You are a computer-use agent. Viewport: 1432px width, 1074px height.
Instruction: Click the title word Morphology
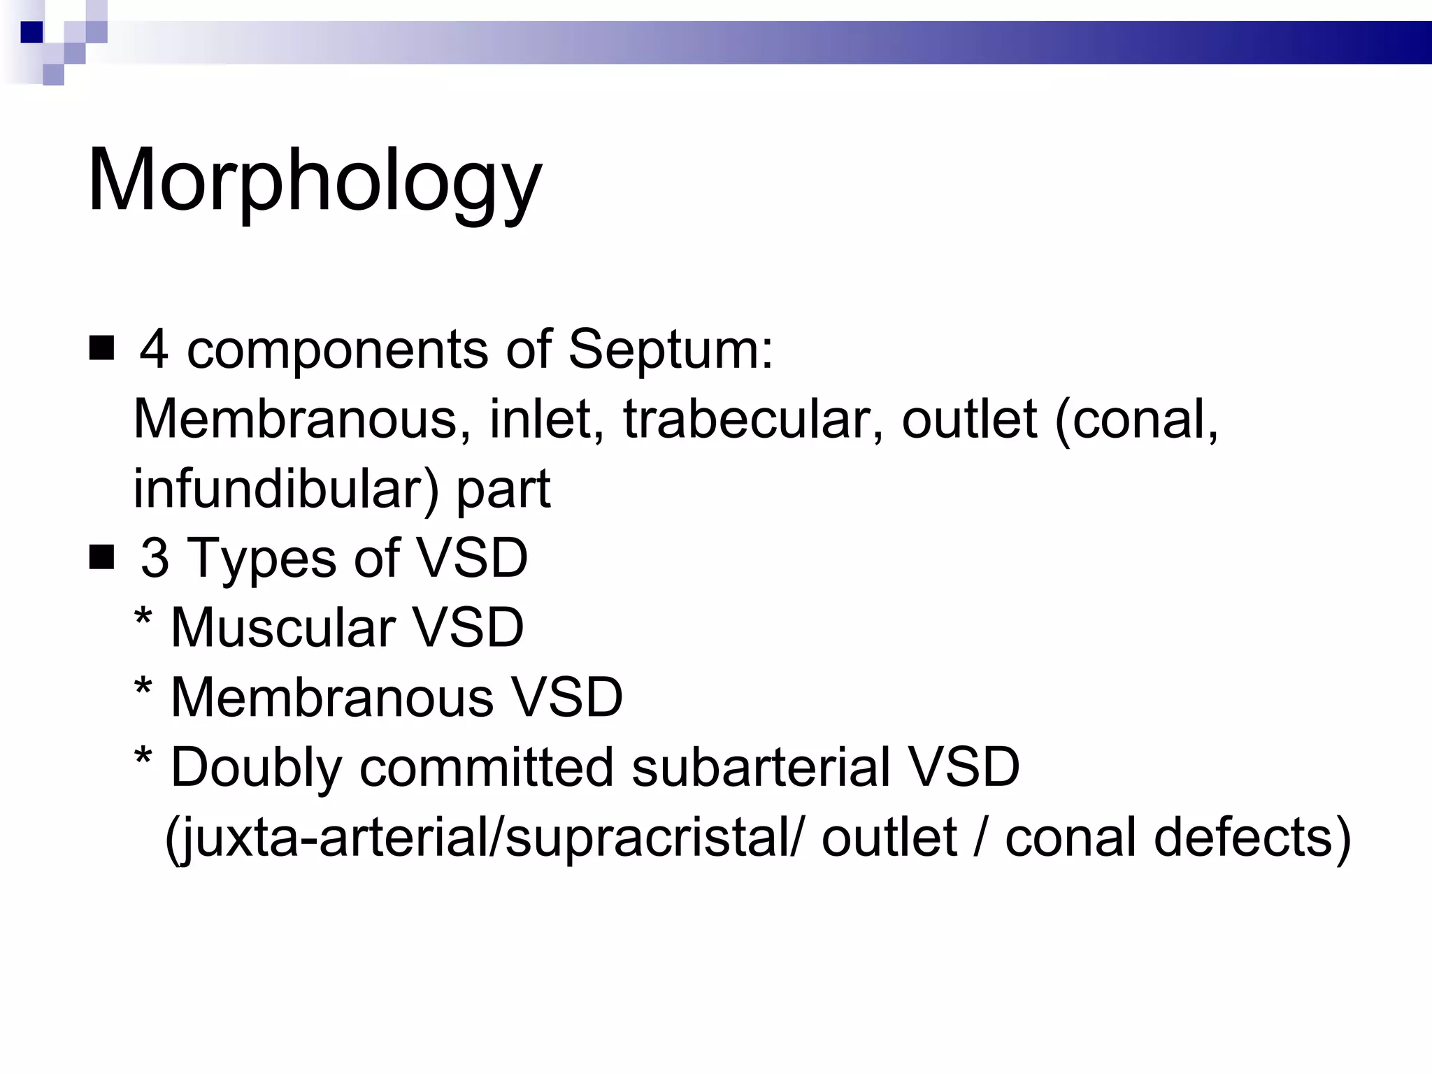(x=315, y=181)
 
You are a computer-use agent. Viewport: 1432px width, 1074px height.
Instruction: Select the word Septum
(x=670, y=349)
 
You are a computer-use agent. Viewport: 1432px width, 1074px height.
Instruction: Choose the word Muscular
(x=282, y=627)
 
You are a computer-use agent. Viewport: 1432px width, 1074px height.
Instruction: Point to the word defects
(x=1252, y=837)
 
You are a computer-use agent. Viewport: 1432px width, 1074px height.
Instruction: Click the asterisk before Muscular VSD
(x=143, y=618)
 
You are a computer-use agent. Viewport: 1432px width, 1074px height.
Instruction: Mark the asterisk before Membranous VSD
(x=143, y=688)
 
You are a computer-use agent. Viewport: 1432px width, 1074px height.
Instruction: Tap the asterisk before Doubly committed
(x=143, y=758)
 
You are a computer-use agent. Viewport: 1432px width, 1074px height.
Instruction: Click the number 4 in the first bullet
(x=154, y=349)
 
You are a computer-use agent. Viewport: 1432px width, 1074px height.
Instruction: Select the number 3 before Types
(x=155, y=559)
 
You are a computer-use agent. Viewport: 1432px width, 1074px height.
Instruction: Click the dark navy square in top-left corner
(x=32, y=32)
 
